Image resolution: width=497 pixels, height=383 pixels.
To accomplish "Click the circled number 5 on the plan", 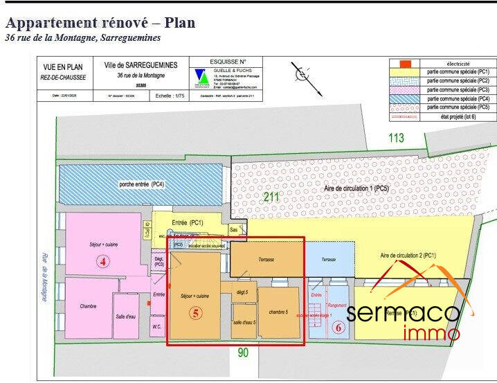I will click(x=196, y=313).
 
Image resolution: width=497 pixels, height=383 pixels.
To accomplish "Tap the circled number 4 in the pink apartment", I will click(x=102, y=262).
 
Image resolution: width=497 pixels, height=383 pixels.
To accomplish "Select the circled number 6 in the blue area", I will click(x=338, y=328).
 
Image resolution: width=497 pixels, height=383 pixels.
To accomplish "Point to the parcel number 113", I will click(x=395, y=139).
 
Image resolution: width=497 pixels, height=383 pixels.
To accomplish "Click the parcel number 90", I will click(x=242, y=353).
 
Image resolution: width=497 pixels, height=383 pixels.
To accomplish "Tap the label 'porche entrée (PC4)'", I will click(x=141, y=184).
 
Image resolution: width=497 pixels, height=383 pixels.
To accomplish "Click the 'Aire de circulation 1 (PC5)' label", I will click(x=356, y=188).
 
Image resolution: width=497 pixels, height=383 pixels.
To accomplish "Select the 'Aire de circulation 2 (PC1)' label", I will click(x=408, y=256).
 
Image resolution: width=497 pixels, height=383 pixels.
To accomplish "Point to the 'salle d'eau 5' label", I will click(x=244, y=323).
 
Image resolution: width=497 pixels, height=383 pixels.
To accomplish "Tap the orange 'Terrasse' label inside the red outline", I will click(x=266, y=259).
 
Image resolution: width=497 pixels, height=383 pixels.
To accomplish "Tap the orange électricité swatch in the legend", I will click(x=407, y=64).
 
